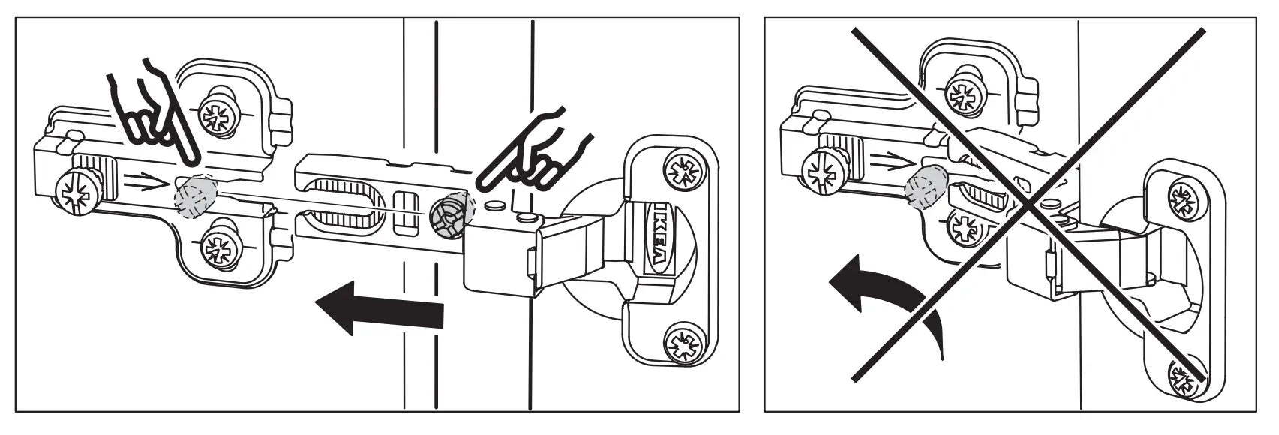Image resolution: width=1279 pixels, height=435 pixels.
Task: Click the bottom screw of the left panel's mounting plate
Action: pos(219,245)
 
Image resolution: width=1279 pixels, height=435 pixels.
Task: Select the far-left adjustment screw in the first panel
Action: pos(77,190)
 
